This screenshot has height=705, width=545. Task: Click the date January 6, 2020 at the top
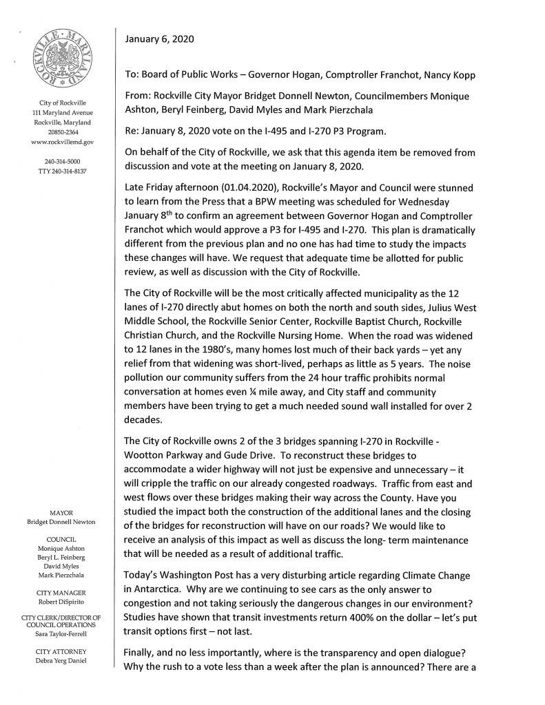coord(159,40)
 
